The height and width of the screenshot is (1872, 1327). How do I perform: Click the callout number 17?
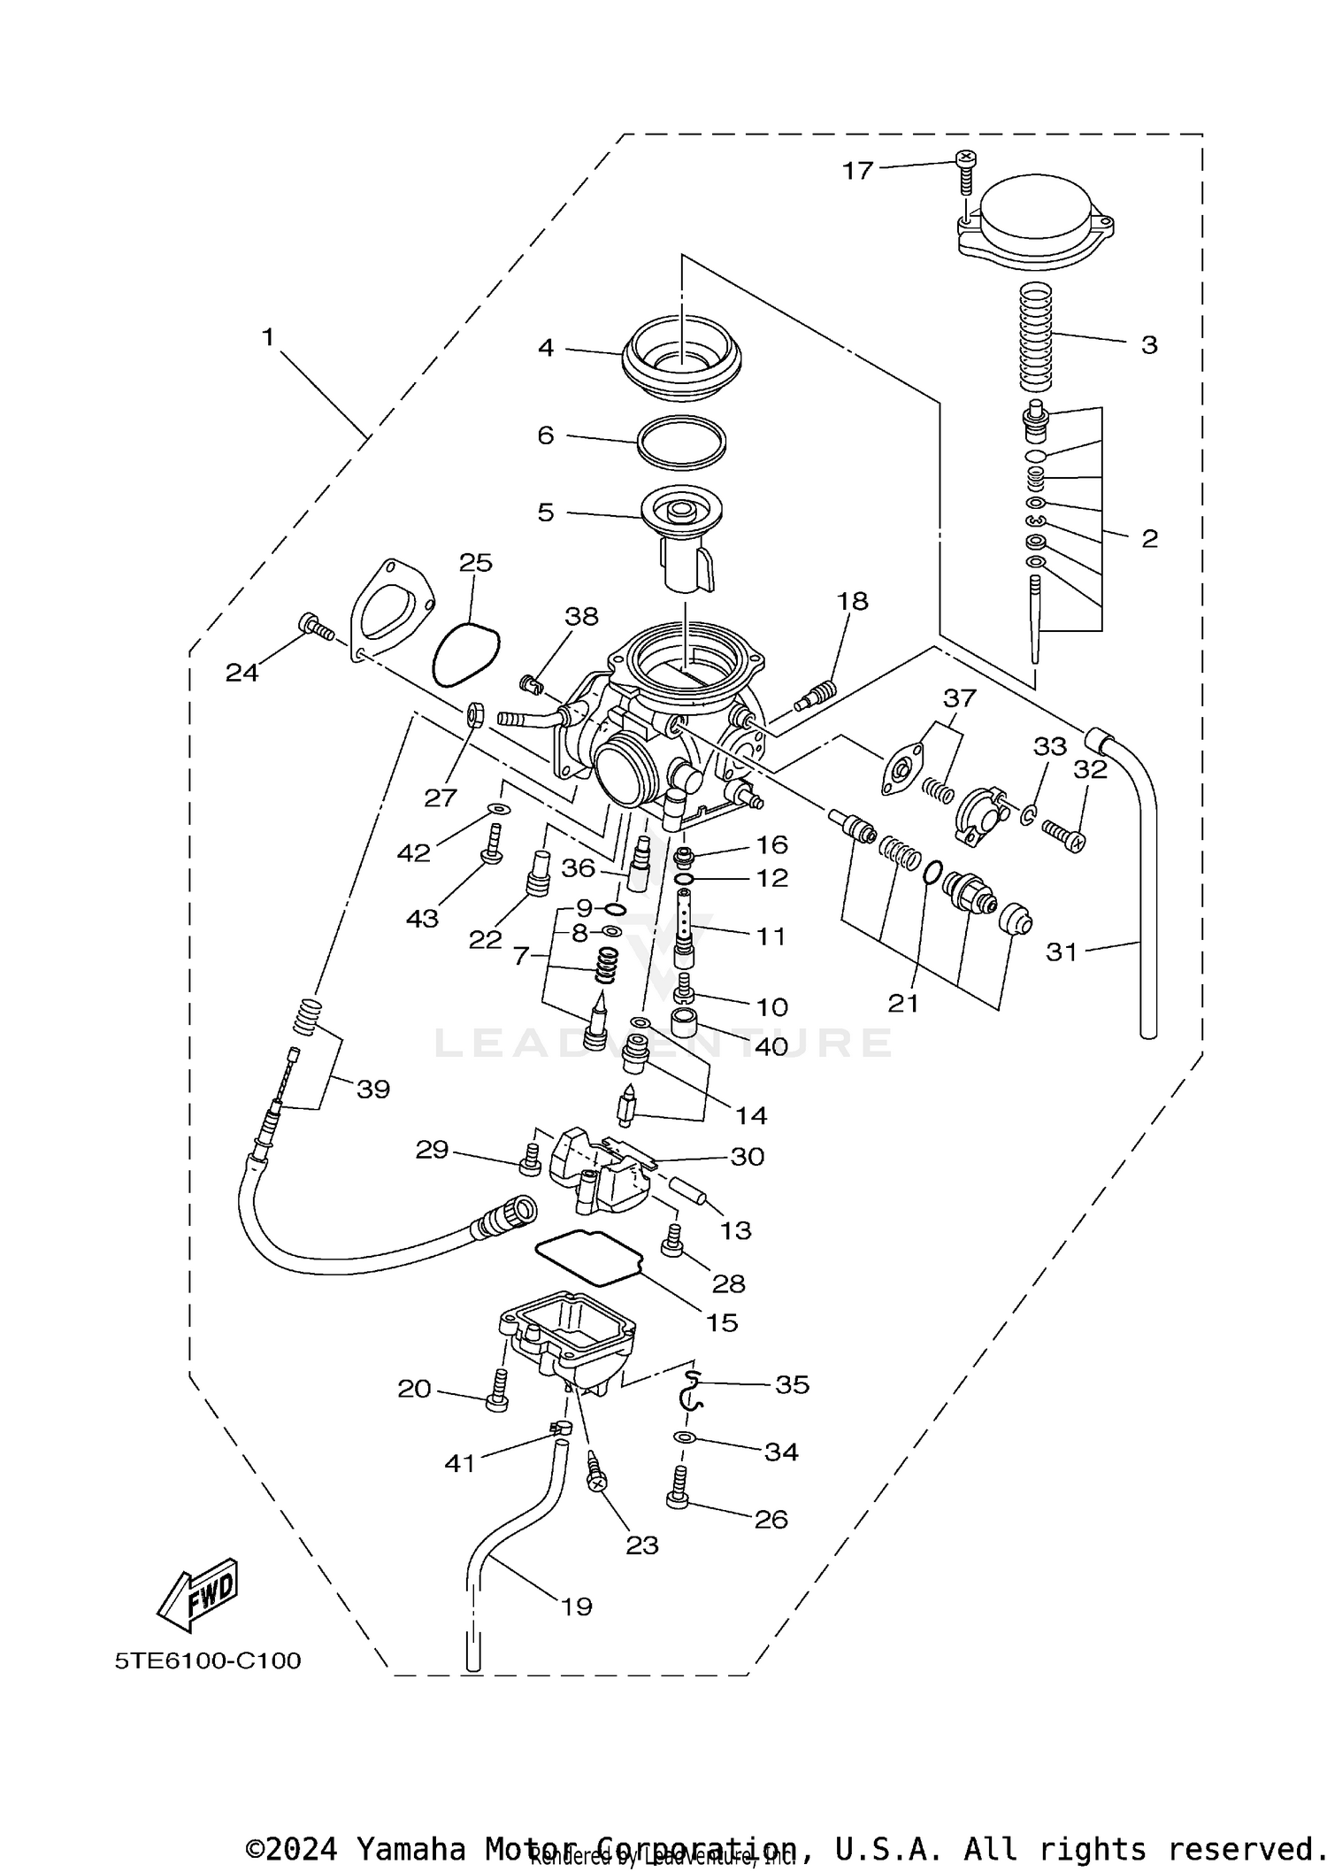pos(857,170)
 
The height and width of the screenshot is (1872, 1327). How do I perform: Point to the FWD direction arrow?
pos(198,1595)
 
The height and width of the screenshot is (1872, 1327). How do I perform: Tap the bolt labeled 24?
pos(317,628)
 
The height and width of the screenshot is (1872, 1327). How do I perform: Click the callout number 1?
pos(268,337)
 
